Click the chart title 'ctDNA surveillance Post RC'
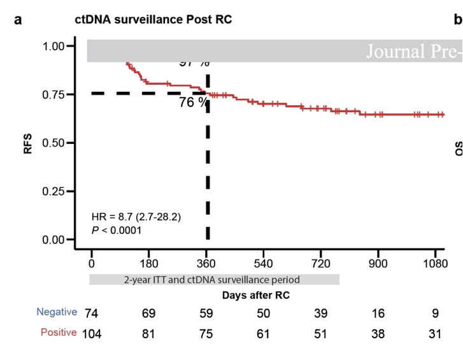pyautogui.click(x=153, y=20)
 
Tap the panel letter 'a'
pyautogui.click(x=18, y=20)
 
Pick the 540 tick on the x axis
pyautogui.click(x=264, y=263)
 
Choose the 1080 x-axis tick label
pyautogui.click(x=436, y=263)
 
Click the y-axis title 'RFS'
pyautogui.click(x=28, y=143)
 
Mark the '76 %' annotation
pyautogui.click(x=192, y=102)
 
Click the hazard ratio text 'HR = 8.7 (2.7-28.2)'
pyautogui.click(x=136, y=217)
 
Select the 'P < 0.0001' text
pyautogui.click(x=117, y=230)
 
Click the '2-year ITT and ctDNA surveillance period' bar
pyautogui.click(x=215, y=279)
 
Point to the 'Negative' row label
pyautogui.click(x=57, y=312)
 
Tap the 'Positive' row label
pyautogui.click(x=58, y=332)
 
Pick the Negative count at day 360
pyautogui.click(x=206, y=313)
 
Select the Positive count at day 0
pyautogui.click(x=92, y=333)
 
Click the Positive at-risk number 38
pyautogui.click(x=378, y=333)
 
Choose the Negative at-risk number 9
pyautogui.click(x=436, y=313)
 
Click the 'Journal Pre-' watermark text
pyautogui.click(x=413, y=51)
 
